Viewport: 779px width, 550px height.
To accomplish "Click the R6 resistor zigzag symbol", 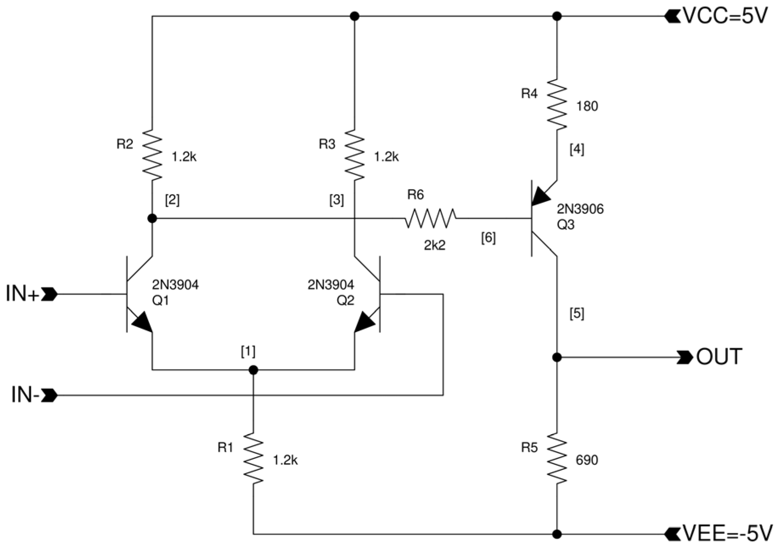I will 430,218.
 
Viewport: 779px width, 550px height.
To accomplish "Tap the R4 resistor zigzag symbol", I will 557,104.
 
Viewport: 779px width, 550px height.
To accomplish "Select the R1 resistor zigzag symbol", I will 253,458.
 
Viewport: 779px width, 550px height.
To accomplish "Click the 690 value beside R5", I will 587,460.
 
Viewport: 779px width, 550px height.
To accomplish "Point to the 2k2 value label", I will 434,245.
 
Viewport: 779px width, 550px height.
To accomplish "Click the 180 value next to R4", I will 587,106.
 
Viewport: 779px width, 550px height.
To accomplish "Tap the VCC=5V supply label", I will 725,16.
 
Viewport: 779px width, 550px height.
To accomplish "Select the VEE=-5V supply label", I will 726,534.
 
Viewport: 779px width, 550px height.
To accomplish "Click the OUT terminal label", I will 719,357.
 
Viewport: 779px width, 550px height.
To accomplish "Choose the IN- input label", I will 25,395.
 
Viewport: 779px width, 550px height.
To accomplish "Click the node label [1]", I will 248,351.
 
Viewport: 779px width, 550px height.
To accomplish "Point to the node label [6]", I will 488,238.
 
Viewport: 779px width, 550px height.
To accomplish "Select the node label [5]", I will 577,313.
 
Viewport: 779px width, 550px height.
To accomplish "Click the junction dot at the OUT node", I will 557,357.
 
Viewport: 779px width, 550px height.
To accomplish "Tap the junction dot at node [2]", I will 152,218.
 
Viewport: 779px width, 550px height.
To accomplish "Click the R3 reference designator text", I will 327,144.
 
